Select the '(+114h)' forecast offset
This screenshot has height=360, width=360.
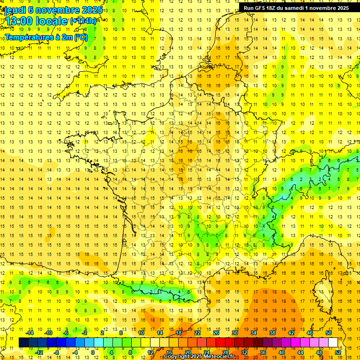tap(83, 21)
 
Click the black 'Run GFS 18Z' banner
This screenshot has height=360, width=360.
tap(296, 8)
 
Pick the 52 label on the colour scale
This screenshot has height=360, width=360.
tap(337, 352)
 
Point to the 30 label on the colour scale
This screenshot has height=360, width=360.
tap(234, 333)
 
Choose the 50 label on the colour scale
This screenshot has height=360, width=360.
tap(328, 333)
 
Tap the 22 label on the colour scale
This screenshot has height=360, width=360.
tap(197, 333)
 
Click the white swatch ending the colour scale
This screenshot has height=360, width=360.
tap(333, 342)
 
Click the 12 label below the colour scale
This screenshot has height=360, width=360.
tap(150, 352)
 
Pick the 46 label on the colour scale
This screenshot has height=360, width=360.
tap(309, 333)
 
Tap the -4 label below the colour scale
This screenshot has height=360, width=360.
tap(75, 352)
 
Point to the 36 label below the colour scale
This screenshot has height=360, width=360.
tap(262, 352)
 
